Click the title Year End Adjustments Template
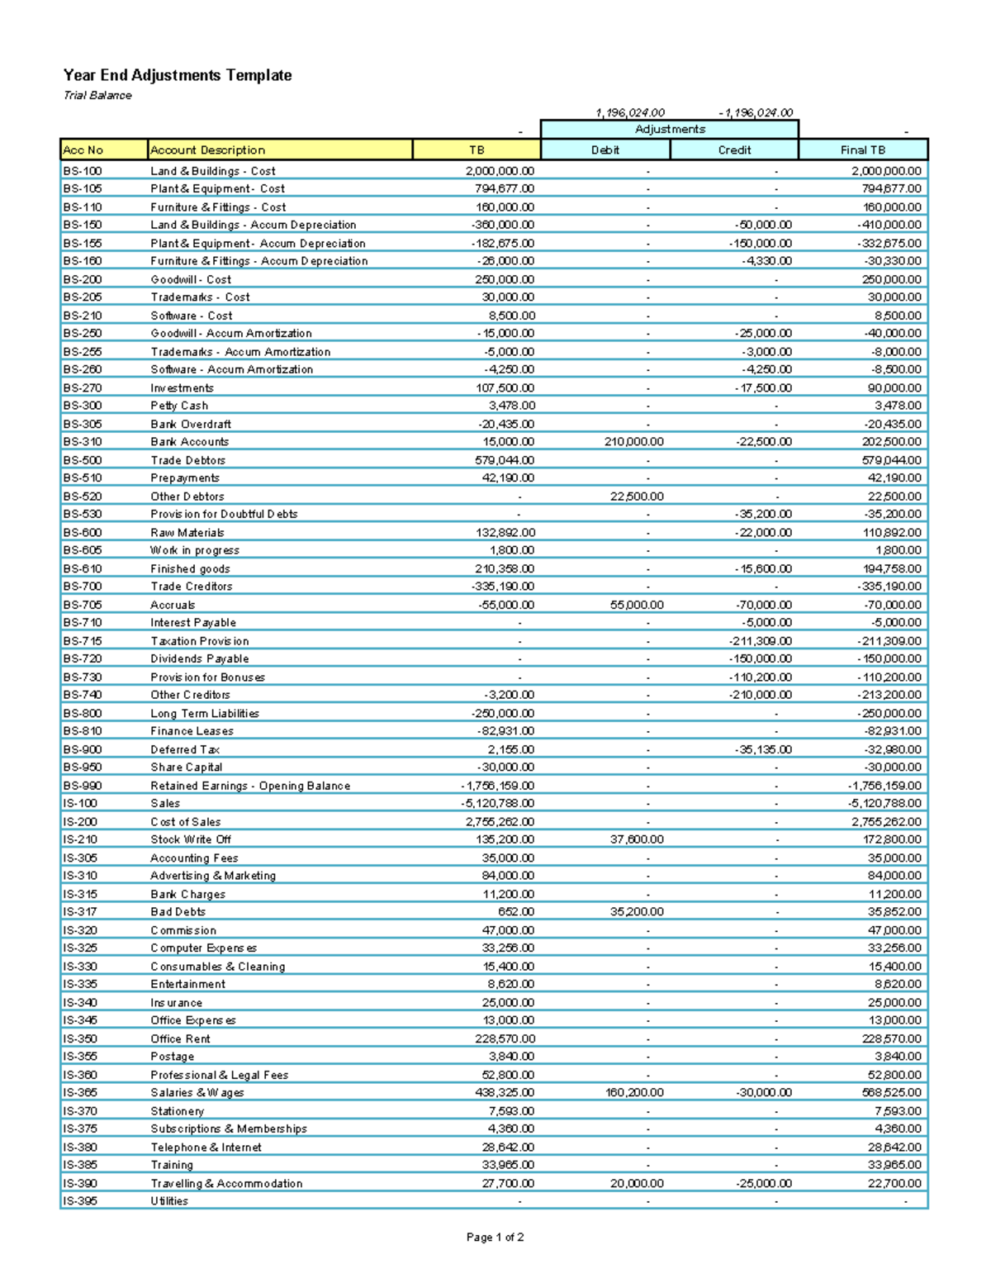pos(178,75)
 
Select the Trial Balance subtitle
pos(97,95)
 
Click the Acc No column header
pos(83,150)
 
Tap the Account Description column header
pos(207,150)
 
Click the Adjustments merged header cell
pos(670,129)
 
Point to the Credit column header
pos(733,150)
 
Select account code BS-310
pos(83,442)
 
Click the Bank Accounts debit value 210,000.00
pos(634,442)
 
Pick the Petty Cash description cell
pos(179,406)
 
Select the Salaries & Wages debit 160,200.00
pos(634,1092)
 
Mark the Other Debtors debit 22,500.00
pos(637,497)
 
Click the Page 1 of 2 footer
pos(495,1237)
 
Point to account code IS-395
pos(80,1201)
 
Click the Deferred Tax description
pos(185,749)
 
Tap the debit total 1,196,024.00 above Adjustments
pos(630,112)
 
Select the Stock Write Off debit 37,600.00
pos(637,839)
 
